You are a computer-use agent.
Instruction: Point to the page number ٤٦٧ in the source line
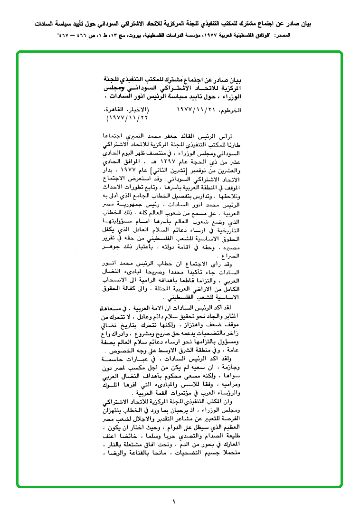pos(63,36)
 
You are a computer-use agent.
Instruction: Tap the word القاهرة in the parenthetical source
pos(116,110)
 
